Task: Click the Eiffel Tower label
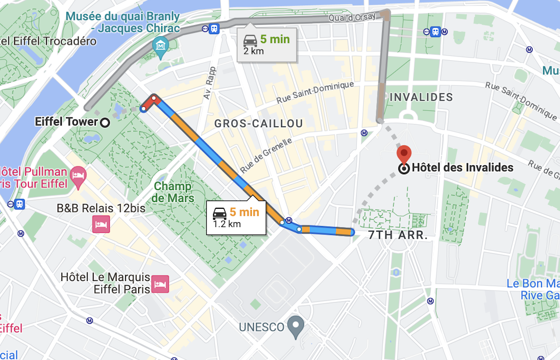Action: point(66,122)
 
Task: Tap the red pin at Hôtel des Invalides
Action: point(404,154)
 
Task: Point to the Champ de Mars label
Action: point(173,193)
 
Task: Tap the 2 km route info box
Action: point(266,44)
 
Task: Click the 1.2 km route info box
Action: point(236,218)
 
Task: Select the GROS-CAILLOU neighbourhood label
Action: point(259,123)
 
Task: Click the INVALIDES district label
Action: point(421,97)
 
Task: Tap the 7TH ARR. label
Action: point(398,235)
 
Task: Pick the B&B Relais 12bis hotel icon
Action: point(101,224)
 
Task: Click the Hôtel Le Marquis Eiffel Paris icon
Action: point(160,284)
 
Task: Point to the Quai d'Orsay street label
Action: point(352,17)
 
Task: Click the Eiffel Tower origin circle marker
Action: point(105,122)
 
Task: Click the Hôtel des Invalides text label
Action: point(462,168)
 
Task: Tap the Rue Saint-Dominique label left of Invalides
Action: point(315,92)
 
